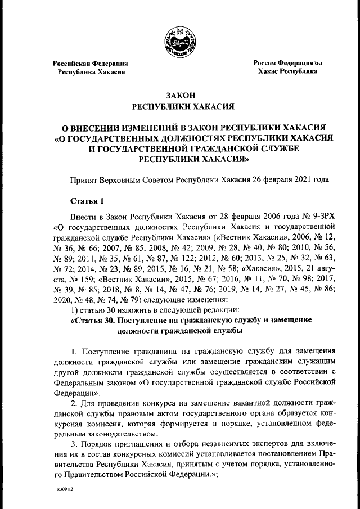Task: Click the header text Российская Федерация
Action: click(x=90, y=64)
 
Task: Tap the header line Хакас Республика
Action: click(x=287, y=72)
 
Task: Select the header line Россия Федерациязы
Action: click(x=287, y=64)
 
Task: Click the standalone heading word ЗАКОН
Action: click(x=179, y=96)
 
